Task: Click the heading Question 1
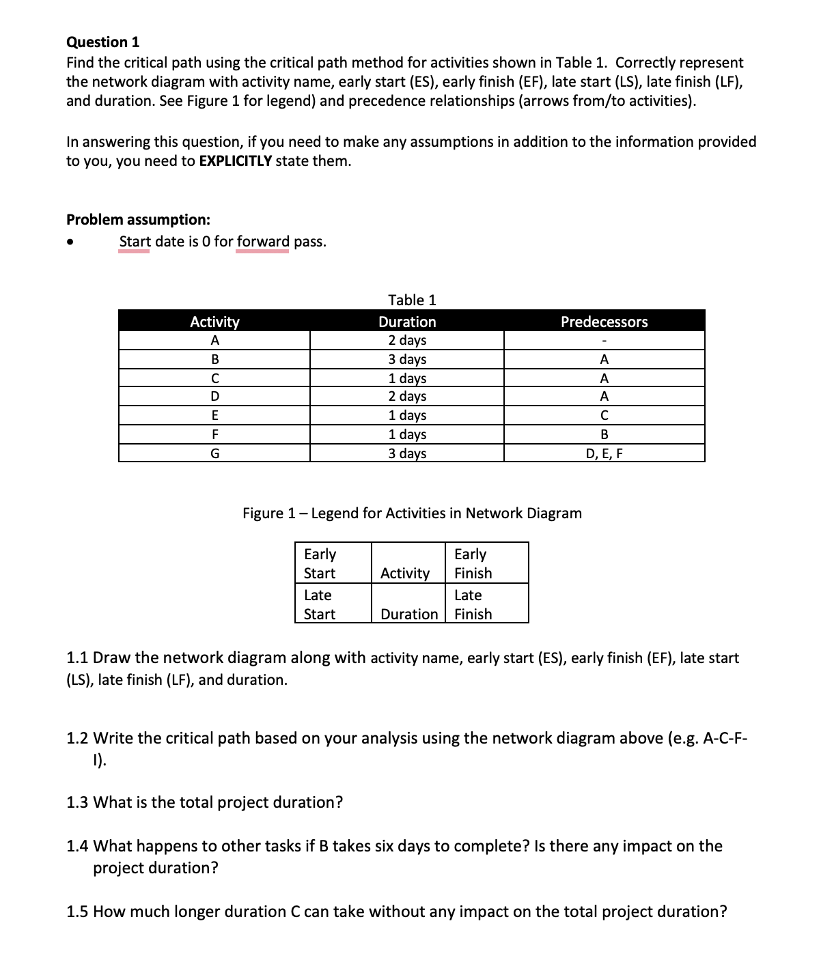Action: [x=102, y=42]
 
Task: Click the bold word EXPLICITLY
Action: [x=235, y=161]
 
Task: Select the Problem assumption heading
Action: [x=138, y=220]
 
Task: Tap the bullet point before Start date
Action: [x=70, y=242]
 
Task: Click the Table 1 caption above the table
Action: [x=412, y=300]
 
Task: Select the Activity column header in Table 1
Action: [x=214, y=322]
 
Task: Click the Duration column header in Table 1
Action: [x=407, y=322]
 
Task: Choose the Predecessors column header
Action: [x=604, y=322]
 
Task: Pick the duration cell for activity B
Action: [x=407, y=359]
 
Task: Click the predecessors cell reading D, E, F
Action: [x=604, y=453]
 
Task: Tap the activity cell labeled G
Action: [x=214, y=453]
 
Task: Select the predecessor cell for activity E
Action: [x=604, y=415]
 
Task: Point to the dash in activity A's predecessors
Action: [x=604, y=341]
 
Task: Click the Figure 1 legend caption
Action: [x=412, y=513]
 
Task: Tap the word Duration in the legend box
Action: [x=408, y=614]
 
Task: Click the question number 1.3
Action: [x=77, y=802]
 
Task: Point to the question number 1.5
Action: [x=77, y=912]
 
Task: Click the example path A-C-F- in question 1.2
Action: [x=725, y=739]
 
